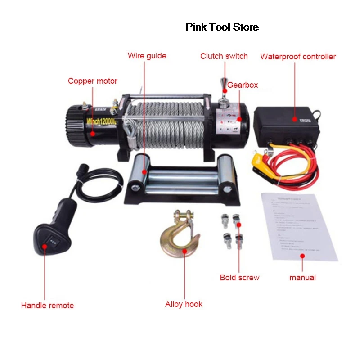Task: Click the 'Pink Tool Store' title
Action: click(222, 27)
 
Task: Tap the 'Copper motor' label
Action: click(93, 81)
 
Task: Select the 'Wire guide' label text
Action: click(147, 56)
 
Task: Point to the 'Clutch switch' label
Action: click(224, 56)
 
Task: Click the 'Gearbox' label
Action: click(243, 85)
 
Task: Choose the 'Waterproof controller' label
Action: click(298, 57)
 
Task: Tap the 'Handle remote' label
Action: click(47, 306)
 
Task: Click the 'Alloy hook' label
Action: click(184, 304)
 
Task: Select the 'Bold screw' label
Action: click(239, 278)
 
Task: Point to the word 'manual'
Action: click(302, 278)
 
